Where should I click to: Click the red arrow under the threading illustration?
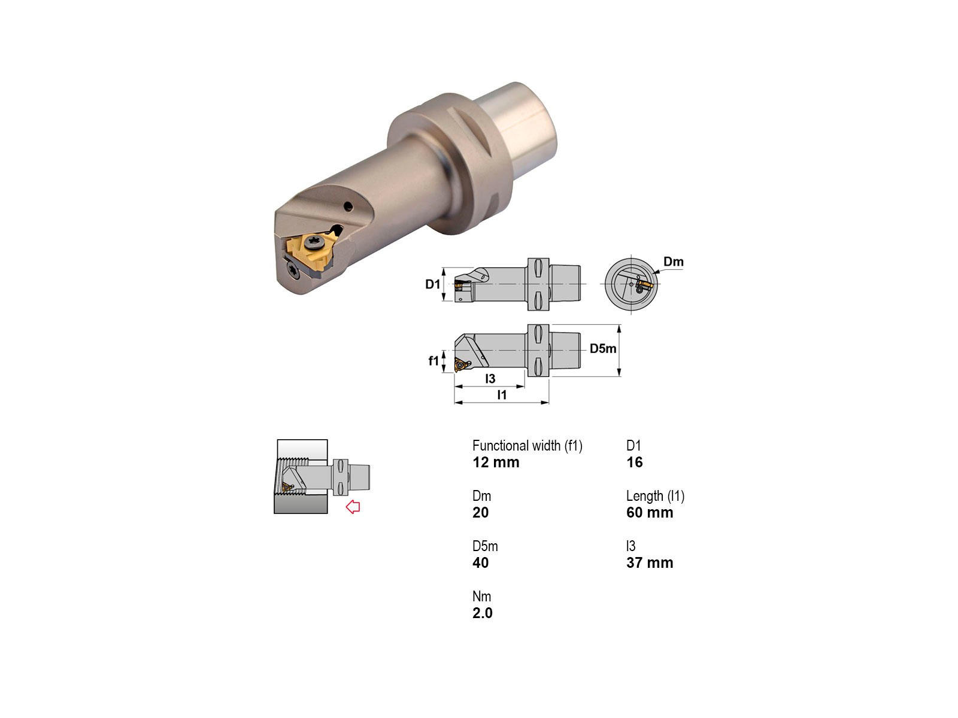353,507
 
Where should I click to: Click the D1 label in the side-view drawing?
432,284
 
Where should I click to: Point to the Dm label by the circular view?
674,261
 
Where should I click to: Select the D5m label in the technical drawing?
603,348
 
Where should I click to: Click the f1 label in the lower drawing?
433,361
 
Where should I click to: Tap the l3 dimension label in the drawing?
490,378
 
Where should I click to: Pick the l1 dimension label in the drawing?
502,394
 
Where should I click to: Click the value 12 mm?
496,462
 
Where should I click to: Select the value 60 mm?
650,512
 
